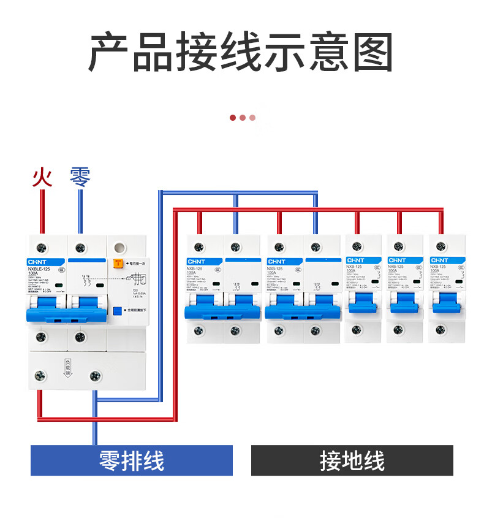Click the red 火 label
point(42,177)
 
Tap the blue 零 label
point(80,177)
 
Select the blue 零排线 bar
point(132,460)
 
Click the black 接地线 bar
point(352,460)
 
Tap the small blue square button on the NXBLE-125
point(116,311)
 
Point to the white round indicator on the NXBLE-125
point(120,248)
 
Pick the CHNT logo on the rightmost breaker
point(439,261)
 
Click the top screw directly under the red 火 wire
point(42,248)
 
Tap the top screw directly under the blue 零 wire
point(79,248)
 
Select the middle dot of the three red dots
point(243,118)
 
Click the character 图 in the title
point(371,53)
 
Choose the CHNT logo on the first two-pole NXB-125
point(196,261)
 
